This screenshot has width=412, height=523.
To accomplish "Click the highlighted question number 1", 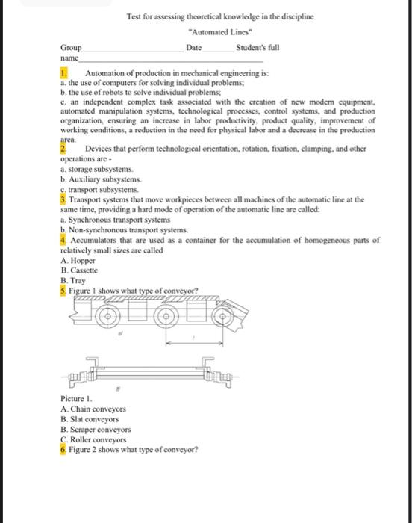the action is pos(63,73).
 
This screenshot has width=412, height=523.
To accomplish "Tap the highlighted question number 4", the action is pos(63,240).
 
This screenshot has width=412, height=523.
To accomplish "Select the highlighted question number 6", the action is pos(63,450).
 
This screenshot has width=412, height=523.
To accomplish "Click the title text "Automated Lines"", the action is pos(220,32).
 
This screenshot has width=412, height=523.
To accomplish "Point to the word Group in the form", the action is pos(71,48).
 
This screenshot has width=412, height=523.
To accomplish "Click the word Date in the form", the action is pos(193,48).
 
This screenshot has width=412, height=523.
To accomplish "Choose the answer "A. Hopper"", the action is pos(78,261).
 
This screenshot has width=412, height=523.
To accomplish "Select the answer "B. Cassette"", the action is pos(79,270).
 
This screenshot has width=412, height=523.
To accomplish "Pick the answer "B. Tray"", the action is pos(73,281).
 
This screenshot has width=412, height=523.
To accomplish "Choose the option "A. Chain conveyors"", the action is pos(93,409).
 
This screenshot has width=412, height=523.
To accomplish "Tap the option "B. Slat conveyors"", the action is pos(90,419).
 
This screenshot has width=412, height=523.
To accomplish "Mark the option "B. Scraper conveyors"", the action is pos(96,430).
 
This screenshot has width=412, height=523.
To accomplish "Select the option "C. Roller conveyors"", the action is pos(93,439).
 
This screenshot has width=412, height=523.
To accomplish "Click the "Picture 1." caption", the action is pos(76,399).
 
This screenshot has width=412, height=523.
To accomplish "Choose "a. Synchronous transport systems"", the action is pos(116,220).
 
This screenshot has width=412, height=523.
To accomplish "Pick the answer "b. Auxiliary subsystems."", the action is pos(101,179).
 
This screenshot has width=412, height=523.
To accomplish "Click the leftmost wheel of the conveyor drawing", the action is pos(108,316).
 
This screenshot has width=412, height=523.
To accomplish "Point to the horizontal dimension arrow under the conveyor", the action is pos(194,342).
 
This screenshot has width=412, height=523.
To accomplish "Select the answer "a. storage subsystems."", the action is pos(97,169).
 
